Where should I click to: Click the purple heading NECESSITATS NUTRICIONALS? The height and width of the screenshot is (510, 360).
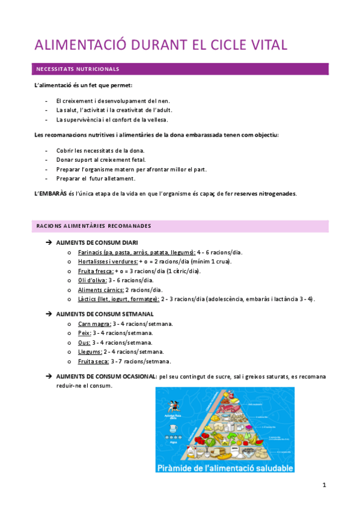78,69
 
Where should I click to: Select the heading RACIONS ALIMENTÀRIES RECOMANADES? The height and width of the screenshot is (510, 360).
93,226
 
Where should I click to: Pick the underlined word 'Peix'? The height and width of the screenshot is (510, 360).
84,333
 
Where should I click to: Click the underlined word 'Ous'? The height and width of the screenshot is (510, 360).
84,342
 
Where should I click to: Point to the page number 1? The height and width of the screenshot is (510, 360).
324,485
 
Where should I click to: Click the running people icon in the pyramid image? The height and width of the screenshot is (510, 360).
169,404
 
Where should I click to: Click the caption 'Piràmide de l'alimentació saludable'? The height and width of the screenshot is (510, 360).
225,467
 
